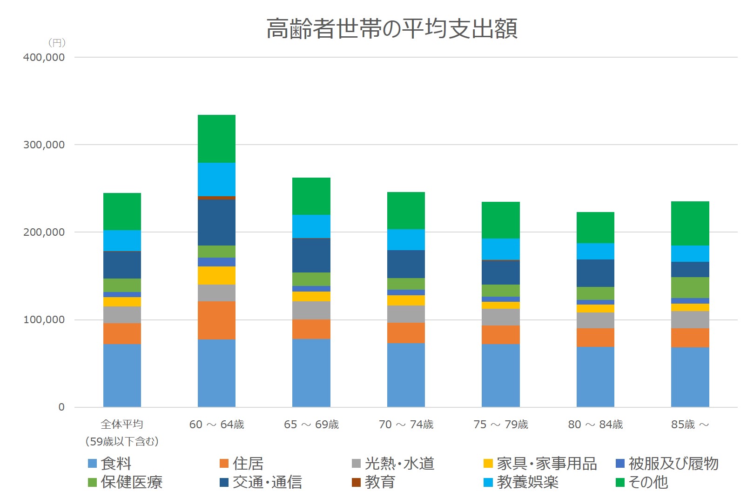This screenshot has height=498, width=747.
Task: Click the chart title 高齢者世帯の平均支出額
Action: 392,29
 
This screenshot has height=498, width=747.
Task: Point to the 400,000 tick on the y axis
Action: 44,58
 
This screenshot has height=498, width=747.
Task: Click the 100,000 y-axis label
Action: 44,320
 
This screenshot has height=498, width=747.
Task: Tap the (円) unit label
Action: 57,43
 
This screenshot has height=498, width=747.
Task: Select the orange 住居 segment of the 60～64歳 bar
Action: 216,320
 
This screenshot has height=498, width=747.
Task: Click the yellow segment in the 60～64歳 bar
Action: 216,275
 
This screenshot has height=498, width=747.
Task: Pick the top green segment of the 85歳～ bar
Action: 690,223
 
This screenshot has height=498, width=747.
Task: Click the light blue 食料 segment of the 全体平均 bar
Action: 122,375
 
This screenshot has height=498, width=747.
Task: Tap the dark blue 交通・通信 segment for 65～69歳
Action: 311,255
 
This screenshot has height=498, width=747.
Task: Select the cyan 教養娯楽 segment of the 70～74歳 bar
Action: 406,239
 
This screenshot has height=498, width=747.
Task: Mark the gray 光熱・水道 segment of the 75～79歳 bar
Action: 500,317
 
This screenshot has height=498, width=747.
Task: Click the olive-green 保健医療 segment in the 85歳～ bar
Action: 690,287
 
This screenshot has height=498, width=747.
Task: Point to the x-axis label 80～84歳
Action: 595,425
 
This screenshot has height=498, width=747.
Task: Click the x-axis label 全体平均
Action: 122,424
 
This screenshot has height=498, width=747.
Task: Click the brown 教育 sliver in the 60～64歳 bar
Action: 216,198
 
